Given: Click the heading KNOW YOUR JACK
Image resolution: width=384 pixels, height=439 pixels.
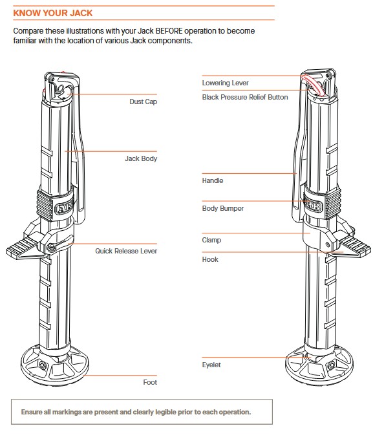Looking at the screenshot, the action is click(x=52, y=13).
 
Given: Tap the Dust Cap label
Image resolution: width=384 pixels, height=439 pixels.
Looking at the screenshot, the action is click(x=143, y=102).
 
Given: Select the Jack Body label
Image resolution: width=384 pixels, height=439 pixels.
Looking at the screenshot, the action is click(x=141, y=159).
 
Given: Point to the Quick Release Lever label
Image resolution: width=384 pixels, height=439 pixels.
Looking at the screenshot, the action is click(x=126, y=251).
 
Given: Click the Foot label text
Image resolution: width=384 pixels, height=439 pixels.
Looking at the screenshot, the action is click(x=150, y=382).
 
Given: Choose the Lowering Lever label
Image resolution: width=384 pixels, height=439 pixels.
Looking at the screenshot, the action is click(x=226, y=83).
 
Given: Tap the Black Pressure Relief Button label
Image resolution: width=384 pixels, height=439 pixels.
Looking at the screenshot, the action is click(x=245, y=97).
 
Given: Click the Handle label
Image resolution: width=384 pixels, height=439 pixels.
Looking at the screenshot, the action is click(x=213, y=180).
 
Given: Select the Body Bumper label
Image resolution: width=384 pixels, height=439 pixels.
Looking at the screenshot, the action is click(x=223, y=208).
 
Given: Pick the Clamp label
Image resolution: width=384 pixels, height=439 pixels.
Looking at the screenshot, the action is click(x=211, y=241).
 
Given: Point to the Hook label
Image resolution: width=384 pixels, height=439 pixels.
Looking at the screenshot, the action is click(x=210, y=259).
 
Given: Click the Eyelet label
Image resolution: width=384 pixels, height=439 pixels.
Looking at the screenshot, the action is click(x=211, y=365).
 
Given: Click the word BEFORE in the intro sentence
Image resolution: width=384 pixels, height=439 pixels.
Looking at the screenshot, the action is click(x=169, y=31).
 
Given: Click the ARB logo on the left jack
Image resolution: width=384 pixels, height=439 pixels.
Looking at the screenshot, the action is click(x=65, y=208).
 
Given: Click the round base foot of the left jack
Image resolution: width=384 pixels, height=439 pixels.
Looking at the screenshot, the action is click(x=55, y=365).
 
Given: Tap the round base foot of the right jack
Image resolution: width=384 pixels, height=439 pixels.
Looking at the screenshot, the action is click(x=319, y=365).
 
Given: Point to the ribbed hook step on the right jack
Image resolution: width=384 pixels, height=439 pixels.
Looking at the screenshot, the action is click(x=355, y=246).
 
